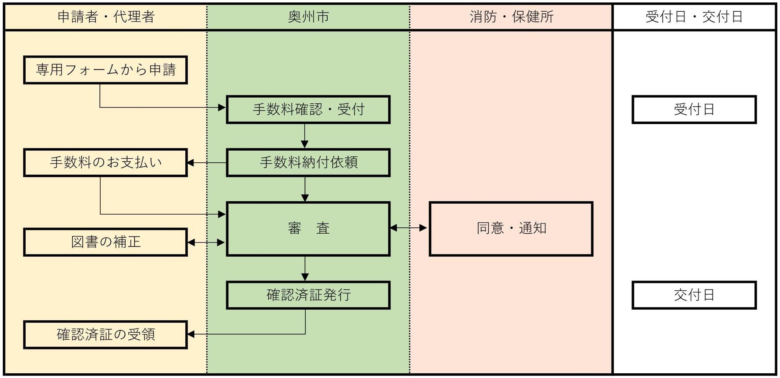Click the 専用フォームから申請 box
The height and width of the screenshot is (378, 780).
(x=105, y=70)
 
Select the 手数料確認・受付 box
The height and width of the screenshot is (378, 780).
(x=308, y=110)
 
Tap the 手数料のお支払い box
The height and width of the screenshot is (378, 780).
(x=105, y=162)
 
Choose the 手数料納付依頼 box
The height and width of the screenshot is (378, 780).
(x=308, y=162)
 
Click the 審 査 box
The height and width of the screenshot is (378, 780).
(x=308, y=229)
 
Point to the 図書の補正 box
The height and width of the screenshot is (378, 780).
(x=105, y=242)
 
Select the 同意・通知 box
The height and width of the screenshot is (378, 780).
(x=511, y=229)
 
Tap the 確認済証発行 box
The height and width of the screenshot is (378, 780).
(x=308, y=295)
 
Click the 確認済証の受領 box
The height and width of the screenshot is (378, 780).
(x=105, y=335)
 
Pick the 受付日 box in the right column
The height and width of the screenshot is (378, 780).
(x=694, y=110)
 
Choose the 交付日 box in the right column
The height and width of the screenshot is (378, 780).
(x=694, y=295)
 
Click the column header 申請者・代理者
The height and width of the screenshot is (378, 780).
(x=106, y=17)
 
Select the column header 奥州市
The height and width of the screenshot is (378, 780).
(x=308, y=17)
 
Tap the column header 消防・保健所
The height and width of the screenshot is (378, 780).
(x=511, y=17)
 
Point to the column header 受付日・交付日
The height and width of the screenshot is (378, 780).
(x=694, y=17)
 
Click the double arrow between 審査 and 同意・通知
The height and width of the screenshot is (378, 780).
(x=408, y=228)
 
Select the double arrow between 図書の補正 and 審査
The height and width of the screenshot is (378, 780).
(x=206, y=243)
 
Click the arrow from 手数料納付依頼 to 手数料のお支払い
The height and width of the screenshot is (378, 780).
(x=207, y=163)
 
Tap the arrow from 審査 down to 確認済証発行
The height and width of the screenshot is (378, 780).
(x=305, y=268)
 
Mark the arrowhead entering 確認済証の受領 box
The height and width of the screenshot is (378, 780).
(x=191, y=334)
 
